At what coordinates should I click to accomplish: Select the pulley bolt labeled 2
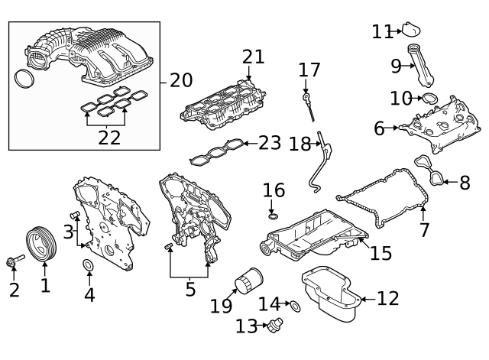tap(14, 262)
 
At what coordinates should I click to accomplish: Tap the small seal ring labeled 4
tap(89, 266)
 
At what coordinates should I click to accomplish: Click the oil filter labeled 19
tap(247, 282)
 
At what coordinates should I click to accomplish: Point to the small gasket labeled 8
tap(431, 172)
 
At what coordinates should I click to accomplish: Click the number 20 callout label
tap(182, 79)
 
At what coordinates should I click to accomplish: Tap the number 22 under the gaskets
tap(109, 138)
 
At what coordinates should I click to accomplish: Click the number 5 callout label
tap(190, 290)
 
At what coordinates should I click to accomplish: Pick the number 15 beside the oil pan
tap(381, 252)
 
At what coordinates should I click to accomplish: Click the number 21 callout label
tap(253, 57)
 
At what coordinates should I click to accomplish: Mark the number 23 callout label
tap(270, 143)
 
